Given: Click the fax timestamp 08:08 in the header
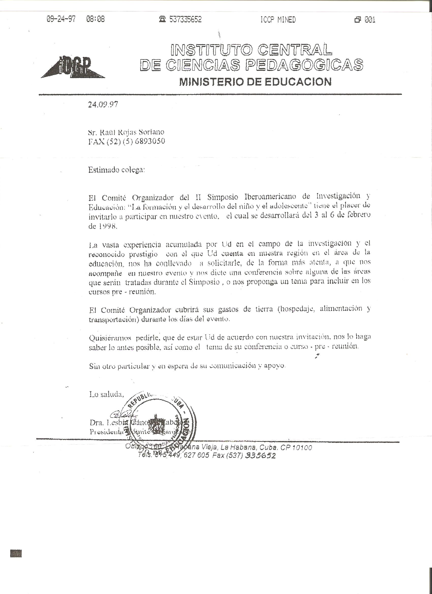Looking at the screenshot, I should pyautogui.click(x=95, y=19).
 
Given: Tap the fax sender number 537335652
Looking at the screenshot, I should pyautogui.click(x=186, y=19).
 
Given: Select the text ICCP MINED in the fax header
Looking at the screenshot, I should pyautogui.click(x=278, y=20).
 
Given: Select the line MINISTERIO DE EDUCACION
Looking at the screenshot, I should pyautogui.click(x=255, y=82).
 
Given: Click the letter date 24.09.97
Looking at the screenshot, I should pyautogui.click(x=103, y=104).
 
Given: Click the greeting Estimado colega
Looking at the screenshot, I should pyautogui.click(x=116, y=170).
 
